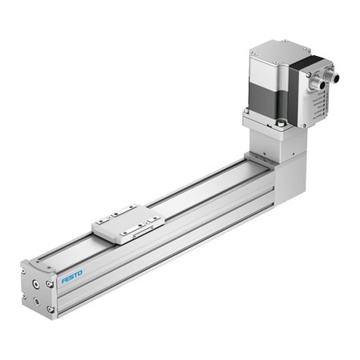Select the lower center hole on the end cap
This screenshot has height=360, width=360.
point(38,302)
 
